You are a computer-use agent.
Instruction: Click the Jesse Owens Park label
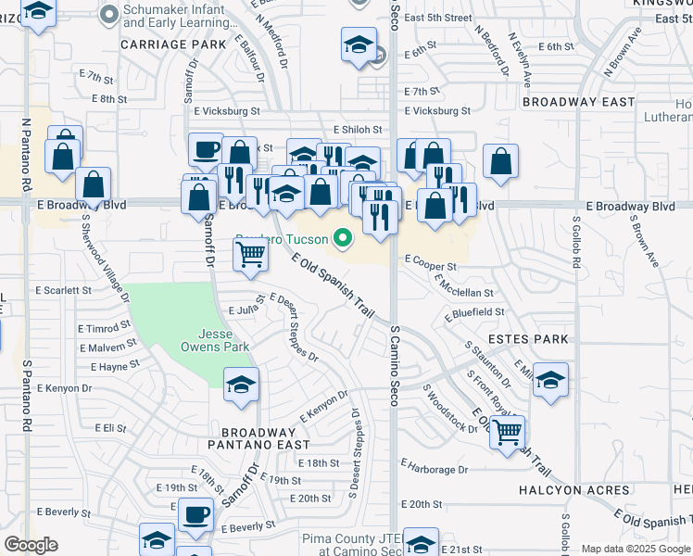tap(223, 340)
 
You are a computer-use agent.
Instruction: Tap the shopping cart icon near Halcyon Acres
tap(508, 430)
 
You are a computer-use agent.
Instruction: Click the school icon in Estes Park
tap(550, 380)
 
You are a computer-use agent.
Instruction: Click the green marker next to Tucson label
tap(344, 239)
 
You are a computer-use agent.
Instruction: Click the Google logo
tap(31, 545)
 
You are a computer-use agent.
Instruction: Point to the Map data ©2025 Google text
tap(635, 549)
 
